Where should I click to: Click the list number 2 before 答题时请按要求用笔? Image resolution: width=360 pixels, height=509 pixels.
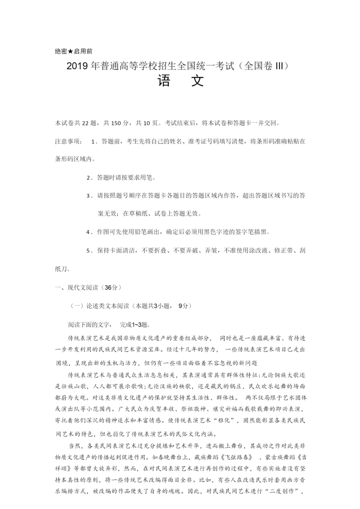[88, 178]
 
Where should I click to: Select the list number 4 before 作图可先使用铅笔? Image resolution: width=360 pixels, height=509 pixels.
[88, 232]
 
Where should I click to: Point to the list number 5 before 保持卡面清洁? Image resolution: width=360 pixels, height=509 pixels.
[88, 250]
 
